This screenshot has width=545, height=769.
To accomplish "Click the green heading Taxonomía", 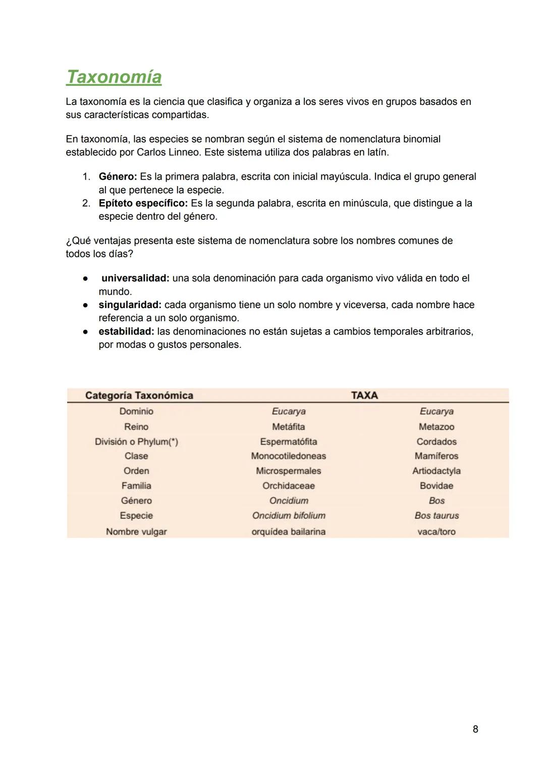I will (114, 77).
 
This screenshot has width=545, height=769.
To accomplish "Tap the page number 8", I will (475, 729).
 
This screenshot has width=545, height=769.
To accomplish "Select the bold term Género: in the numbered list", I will (118, 177).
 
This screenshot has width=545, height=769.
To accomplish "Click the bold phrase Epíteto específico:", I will (143, 203).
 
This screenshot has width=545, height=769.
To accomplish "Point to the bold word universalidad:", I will (135, 278).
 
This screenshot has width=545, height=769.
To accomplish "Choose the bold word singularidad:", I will (130, 305).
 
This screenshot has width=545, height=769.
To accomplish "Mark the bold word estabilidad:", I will (126, 332).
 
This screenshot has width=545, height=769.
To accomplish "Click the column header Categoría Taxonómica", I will (139, 395).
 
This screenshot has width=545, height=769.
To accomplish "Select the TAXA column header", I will (364, 395).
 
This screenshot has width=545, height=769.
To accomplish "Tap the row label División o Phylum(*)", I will (136, 442).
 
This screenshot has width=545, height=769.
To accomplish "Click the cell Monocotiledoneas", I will (288, 456).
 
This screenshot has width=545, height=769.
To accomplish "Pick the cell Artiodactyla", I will (436, 471).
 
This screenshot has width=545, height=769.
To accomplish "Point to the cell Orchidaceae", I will (288, 486).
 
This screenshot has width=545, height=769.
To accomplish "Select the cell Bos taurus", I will (437, 516).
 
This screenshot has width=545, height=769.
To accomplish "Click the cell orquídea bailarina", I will (288, 532).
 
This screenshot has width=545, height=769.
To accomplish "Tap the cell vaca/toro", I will (437, 532).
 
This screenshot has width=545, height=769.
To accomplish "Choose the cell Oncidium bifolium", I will (288, 516).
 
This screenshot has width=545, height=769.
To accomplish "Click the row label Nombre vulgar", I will (136, 532).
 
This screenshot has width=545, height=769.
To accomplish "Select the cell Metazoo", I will (437, 427).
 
